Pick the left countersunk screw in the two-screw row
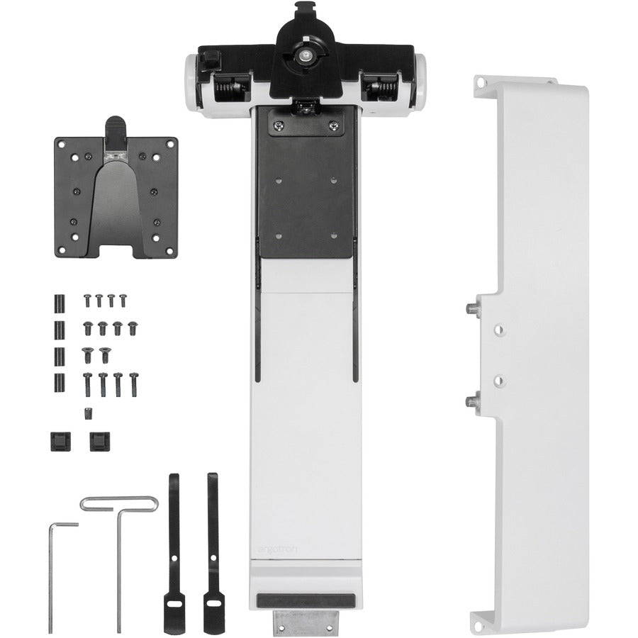click(x=89, y=353)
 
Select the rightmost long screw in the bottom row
click(x=133, y=383)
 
